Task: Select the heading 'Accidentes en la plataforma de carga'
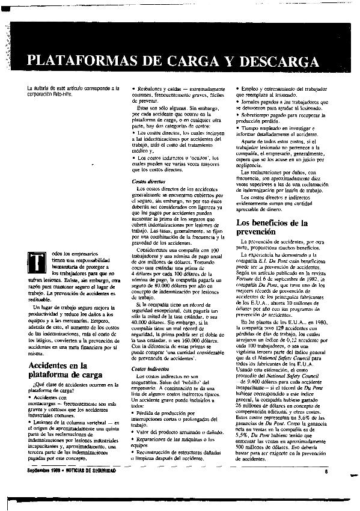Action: click(x=58, y=370)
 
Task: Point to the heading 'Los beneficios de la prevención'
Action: click(x=272, y=227)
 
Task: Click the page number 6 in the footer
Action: click(x=326, y=471)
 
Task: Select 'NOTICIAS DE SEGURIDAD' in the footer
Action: click(x=90, y=471)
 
